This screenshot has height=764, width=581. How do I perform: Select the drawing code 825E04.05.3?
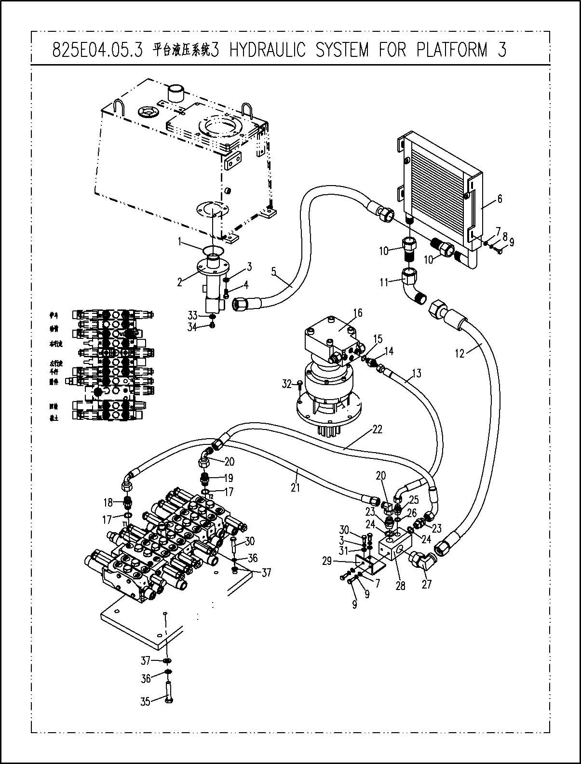click(x=97, y=50)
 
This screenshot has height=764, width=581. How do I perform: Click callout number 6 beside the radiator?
click(x=500, y=199)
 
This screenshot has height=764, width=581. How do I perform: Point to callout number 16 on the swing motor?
click(x=357, y=313)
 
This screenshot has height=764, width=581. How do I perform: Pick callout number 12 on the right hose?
click(x=459, y=353)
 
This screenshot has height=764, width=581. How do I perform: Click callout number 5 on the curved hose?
click(x=273, y=271)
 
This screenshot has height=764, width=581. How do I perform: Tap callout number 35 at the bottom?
click(x=145, y=701)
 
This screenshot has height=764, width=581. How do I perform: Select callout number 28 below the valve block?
click(x=400, y=586)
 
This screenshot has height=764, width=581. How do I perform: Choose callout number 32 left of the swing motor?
click(x=287, y=384)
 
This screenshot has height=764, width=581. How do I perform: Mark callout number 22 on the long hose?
click(x=377, y=429)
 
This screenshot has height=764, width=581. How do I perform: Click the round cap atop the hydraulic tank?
click(x=176, y=93)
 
